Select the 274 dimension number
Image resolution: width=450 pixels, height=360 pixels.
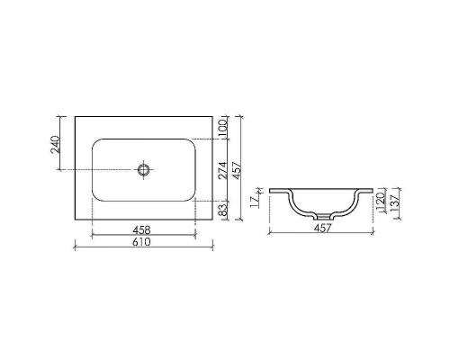223,168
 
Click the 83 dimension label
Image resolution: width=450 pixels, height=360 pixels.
223,210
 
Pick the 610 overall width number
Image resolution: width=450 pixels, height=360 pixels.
141,243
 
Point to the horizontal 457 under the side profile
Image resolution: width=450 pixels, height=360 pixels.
321,228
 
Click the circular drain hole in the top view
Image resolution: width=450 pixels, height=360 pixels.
142,168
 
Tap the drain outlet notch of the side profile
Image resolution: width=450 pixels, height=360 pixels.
321,216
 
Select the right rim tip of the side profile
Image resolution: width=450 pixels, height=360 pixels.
372,191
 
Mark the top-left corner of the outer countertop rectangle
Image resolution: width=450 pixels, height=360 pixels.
75,115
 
